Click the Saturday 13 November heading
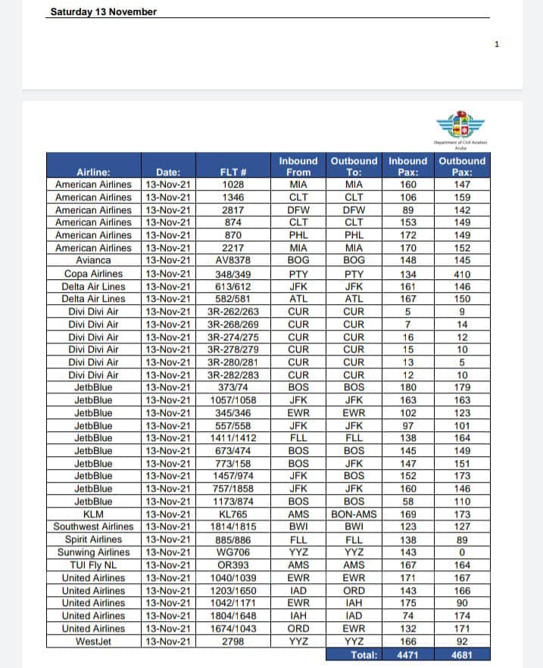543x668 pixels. (104, 12)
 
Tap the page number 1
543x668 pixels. (497, 44)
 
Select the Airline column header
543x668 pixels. (94, 172)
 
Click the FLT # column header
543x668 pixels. (233, 172)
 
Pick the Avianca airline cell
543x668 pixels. (94, 260)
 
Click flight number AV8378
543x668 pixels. (233, 260)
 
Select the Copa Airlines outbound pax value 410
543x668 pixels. (462, 273)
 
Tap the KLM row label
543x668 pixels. (94, 514)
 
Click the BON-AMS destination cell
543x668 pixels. (354, 514)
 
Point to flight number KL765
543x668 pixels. (233, 514)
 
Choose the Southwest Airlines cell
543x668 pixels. (94, 527)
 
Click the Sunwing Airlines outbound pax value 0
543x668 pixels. (462, 552)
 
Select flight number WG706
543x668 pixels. (233, 552)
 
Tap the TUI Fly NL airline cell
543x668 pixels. (94, 565)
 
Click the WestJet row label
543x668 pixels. (94, 642)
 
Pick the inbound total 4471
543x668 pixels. (408, 654)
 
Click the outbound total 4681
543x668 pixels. (462, 654)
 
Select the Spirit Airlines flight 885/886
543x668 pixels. (233, 539)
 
